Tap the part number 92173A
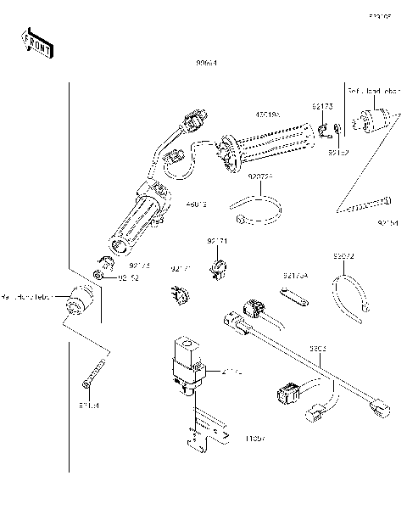coord(296,275)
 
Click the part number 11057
coord(255,439)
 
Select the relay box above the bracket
coord(187,360)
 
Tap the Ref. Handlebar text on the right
coord(373,89)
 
